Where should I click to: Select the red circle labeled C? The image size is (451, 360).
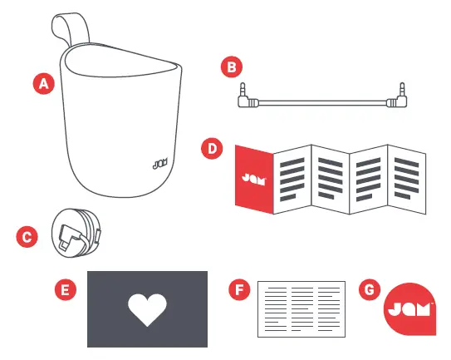coord(27,235)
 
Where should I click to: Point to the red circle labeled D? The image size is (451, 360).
coord(213,149)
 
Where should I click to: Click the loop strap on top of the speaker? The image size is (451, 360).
coord(69,31)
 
